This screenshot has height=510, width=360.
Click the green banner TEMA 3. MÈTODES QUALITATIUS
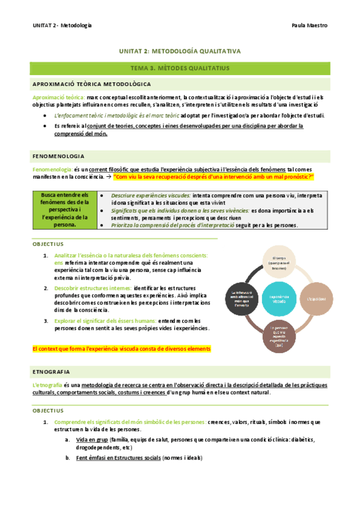(180, 69)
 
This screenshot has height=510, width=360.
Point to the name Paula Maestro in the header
(309, 25)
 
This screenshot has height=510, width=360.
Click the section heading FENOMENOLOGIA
(58, 156)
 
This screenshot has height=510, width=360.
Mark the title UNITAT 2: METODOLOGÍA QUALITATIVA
(180, 52)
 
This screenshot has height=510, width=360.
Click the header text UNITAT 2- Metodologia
(63, 25)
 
